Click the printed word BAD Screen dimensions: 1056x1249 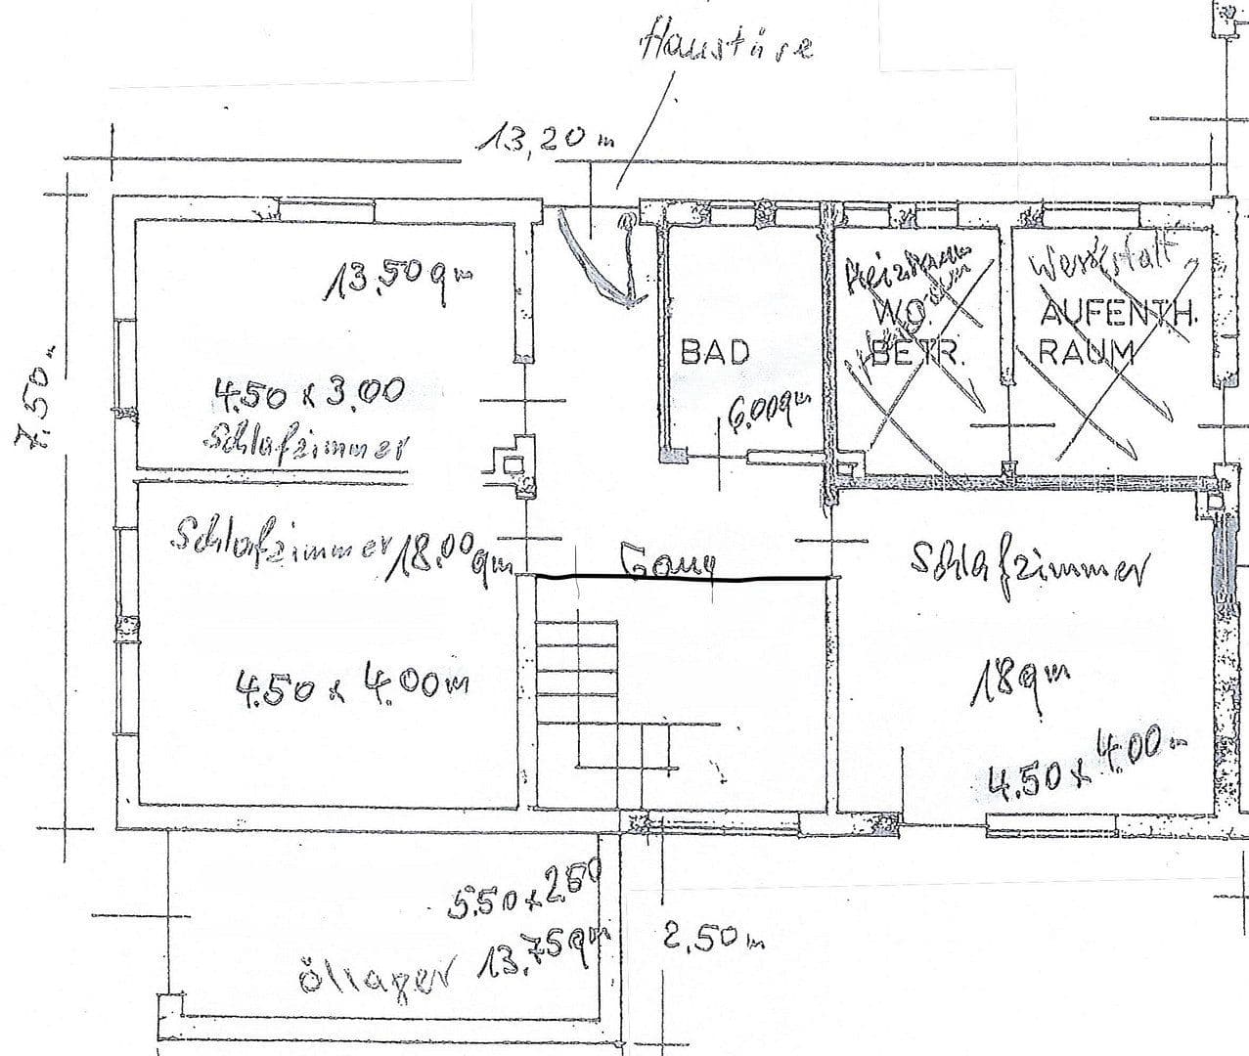pos(715,352)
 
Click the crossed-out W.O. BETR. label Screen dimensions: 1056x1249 pos(916,337)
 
